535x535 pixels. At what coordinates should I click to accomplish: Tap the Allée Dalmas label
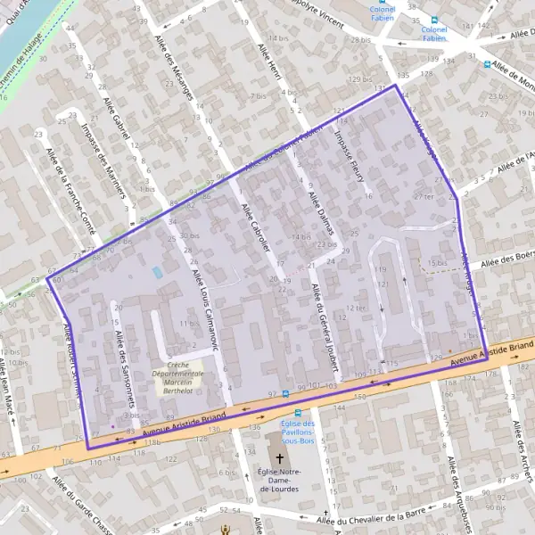click(320, 212)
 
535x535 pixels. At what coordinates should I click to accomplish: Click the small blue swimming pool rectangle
click(158, 271)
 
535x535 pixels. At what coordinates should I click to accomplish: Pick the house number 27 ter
click(424, 196)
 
